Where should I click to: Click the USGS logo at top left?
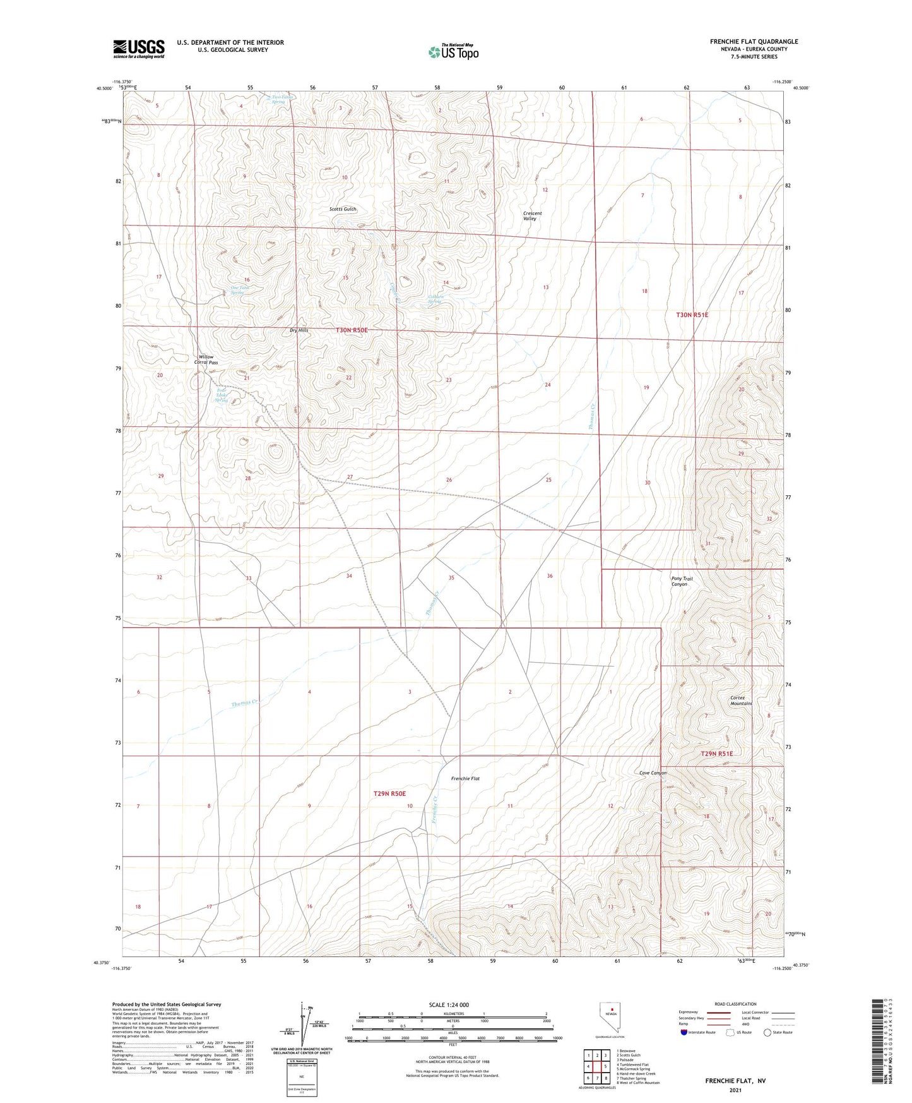click(139, 49)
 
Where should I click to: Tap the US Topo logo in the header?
click(453, 52)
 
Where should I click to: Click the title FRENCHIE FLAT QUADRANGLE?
click(754, 42)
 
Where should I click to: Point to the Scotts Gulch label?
click(343, 209)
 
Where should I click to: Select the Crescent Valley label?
click(531, 216)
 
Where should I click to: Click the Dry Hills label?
click(299, 330)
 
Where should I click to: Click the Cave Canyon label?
click(653, 773)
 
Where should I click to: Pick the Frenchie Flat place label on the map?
click(465, 778)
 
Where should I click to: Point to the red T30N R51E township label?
click(692, 315)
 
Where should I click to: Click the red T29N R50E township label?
click(389, 793)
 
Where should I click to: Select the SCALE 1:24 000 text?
click(449, 1004)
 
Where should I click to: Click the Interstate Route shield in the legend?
click(684, 1032)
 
